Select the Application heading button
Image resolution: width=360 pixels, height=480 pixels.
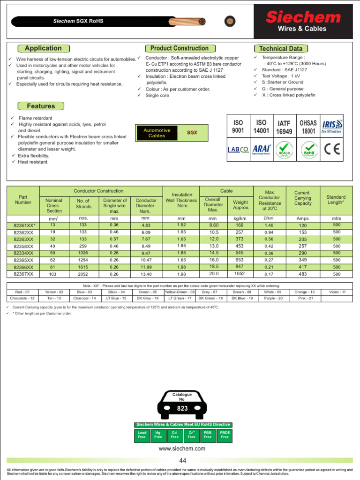pyautogui.click(x=43, y=48)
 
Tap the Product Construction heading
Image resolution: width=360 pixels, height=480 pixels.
pyautogui.click(x=179, y=48)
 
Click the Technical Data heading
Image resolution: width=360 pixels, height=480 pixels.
pyautogui.click(x=280, y=49)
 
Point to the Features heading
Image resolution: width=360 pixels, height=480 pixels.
pyautogui.click(x=41, y=106)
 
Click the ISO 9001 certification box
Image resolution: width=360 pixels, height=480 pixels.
pyautogui.click(x=238, y=127)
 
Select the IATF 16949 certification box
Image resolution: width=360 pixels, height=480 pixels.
pyautogui.click(x=285, y=127)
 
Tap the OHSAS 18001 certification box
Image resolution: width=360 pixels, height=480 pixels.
pyautogui.click(x=308, y=127)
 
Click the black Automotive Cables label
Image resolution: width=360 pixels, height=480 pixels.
pyautogui.click(x=157, y=133)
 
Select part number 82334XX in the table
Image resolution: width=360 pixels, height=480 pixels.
pyautogui.click(x=23, y=253)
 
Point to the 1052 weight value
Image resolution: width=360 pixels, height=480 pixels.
pyautogui.click(x=240, y=274)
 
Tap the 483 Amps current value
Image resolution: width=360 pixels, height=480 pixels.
pyautogui.click(x=302, y=274)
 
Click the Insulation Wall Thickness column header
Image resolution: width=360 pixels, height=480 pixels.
pyautogui.click(x=182, y=200)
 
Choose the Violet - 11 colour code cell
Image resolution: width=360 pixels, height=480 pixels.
pyautogui.click(x=337, y=292)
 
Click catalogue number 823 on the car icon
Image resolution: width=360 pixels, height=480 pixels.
pyautogui.click(x=182, y=408)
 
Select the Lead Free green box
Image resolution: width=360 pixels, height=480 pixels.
pyautogui.click(x=142, y=435)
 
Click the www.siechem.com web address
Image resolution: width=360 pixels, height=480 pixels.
pyautogui.click(x=182, y=449)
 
